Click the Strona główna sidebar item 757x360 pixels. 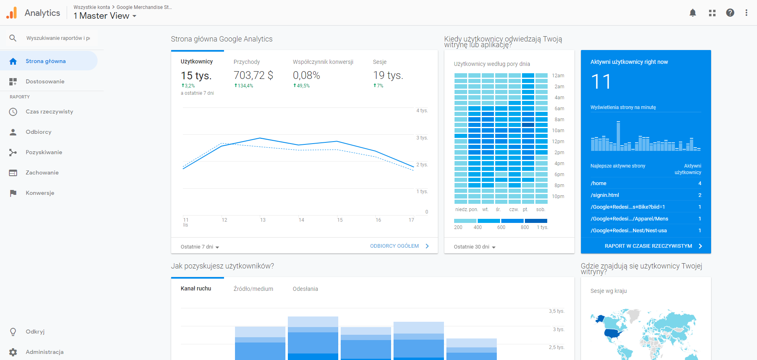[46, 61]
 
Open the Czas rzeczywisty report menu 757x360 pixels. [49, 111]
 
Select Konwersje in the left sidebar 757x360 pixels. [40, 193]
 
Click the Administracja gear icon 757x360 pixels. [13, 352]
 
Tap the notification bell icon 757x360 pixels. [693, 13]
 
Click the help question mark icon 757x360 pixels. [730, 13]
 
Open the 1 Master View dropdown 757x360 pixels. [105, 16]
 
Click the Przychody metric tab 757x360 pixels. [246, 62]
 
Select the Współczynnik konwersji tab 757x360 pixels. [323, 62]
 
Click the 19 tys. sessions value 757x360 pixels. [388, 75]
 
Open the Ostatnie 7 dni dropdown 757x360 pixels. [200, 247]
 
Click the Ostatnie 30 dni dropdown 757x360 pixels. [474, 247]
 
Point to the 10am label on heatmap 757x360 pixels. [558, 131]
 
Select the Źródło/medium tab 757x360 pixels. [253, 289]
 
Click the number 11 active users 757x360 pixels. [601, 82]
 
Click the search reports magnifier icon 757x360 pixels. [13, 38]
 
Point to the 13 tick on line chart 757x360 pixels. [263, 220]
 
